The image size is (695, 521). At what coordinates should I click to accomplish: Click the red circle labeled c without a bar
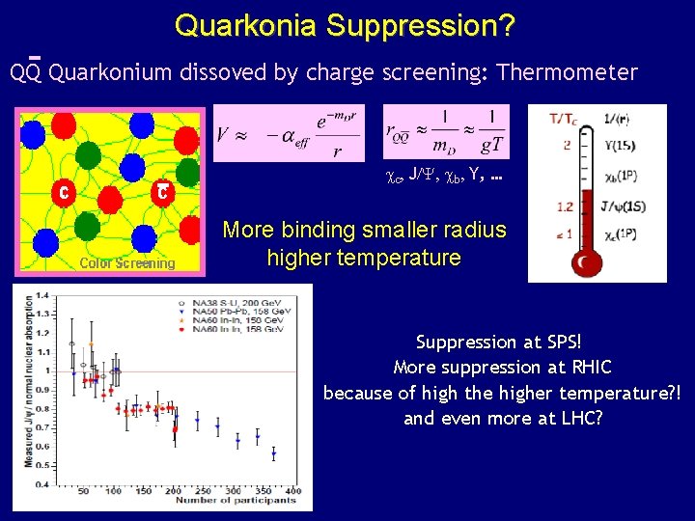[63, 191]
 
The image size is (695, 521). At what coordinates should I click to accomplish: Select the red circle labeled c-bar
[164, 192]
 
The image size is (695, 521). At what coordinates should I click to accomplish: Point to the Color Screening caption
[127, 262]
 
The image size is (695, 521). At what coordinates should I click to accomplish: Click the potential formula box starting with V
[289, 133]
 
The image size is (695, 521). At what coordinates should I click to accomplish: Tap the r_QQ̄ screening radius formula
[445, 130]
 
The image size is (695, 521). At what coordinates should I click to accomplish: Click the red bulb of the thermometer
[584, 262]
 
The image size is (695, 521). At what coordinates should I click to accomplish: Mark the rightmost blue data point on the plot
[273, 452]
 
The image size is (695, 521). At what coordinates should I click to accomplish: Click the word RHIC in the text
[591, 368]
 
